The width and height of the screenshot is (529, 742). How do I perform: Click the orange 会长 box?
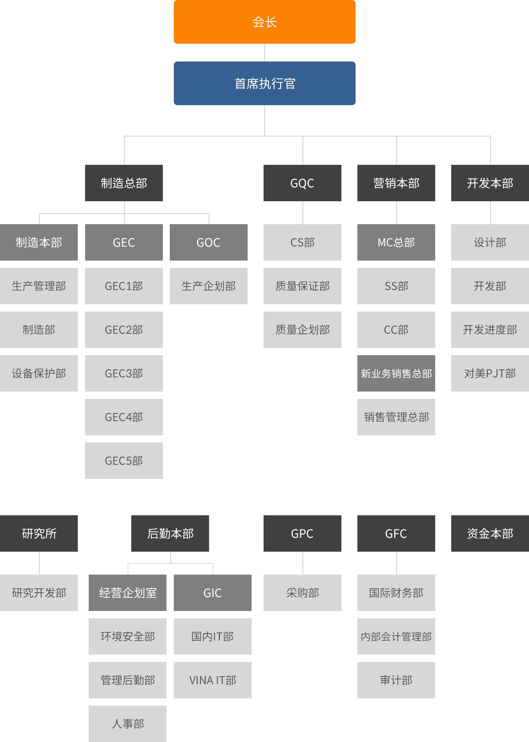[265, 22]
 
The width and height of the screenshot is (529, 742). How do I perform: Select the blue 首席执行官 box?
[265, 83]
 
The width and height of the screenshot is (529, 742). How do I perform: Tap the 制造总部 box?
[124, 183]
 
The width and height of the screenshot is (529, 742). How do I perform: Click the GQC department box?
[302, 183]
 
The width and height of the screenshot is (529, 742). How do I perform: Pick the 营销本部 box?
[396, 183]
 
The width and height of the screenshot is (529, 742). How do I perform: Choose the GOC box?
[209, 242]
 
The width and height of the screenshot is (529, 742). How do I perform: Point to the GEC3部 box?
[124, 373]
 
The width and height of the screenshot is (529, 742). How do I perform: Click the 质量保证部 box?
[302, 286]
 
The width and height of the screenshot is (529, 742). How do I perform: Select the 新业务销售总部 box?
[396, 373]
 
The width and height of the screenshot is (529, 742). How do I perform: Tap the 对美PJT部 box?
[490, 373]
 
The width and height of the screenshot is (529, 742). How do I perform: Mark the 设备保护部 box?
[39, 373]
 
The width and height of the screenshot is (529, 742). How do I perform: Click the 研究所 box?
[39, 533]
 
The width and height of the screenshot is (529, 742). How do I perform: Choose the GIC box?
[213, 593]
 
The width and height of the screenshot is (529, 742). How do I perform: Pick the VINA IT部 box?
[213, 680]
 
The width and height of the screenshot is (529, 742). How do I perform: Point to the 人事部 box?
[128, 724]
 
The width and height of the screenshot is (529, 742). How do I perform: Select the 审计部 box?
[396, 680]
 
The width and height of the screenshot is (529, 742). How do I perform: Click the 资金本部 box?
[490, 533]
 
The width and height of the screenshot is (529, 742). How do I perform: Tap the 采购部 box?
[302, 593]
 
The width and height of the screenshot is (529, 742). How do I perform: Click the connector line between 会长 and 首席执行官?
[265, 53]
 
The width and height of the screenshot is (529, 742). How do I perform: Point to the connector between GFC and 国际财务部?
[397, 563]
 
